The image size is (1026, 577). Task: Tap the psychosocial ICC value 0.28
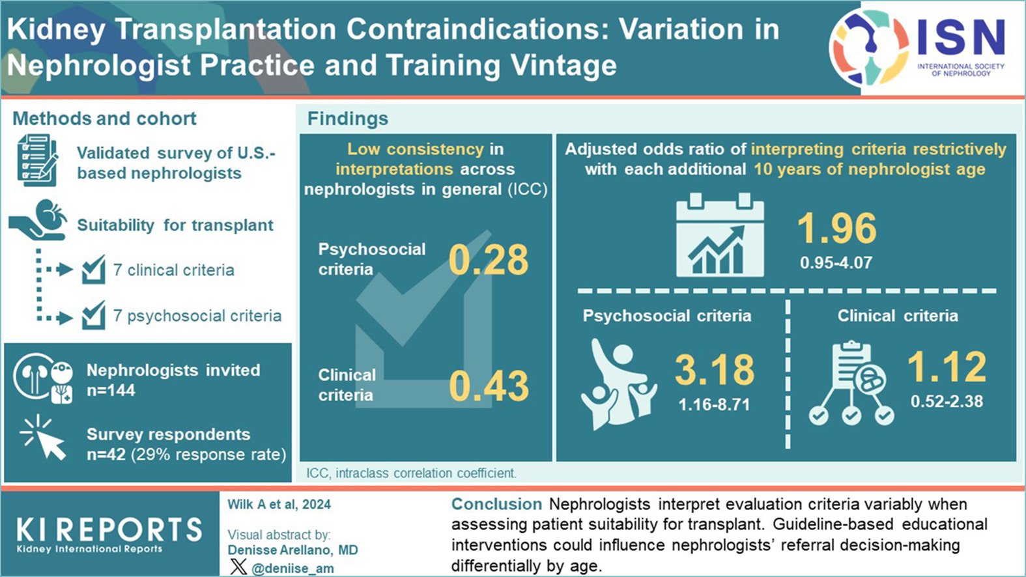tap(488, 260)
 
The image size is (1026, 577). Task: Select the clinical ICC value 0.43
tap(489, 386)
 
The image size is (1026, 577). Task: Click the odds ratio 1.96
tap(836, 229)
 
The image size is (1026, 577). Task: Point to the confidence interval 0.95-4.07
tap(836, 263)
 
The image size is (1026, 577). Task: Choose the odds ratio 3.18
tap(714, 369)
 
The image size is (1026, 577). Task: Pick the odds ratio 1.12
tap(947, 366)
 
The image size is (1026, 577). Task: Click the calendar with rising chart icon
tap(719, 235)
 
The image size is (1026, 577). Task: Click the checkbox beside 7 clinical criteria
tap(94, 270)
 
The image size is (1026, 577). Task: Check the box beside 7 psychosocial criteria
tap(94, 315)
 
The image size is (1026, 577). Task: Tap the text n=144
tap(111, 391)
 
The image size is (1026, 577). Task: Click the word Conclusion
tap(496, 504)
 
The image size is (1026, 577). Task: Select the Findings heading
tap(347, 119)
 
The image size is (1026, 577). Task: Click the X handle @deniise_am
tap(292, 568)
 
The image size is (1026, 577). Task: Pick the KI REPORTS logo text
tap(109, 530)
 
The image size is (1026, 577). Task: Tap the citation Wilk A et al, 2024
tap(279, 504)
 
